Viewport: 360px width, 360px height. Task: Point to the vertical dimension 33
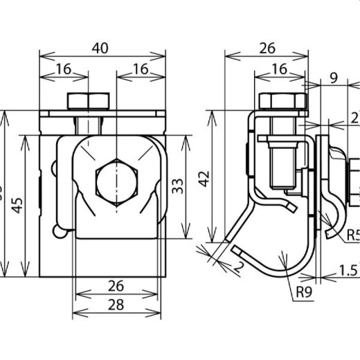[x=178, y=186]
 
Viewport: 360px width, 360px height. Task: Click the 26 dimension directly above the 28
[x=116, y=285]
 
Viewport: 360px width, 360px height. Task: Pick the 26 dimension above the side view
[x=267, y=48]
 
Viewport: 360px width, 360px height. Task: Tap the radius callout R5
[x=352, y=235]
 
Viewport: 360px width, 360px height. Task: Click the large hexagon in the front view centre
[x=116, y=178]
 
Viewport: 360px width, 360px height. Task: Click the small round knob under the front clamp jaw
[x=64, y=233]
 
